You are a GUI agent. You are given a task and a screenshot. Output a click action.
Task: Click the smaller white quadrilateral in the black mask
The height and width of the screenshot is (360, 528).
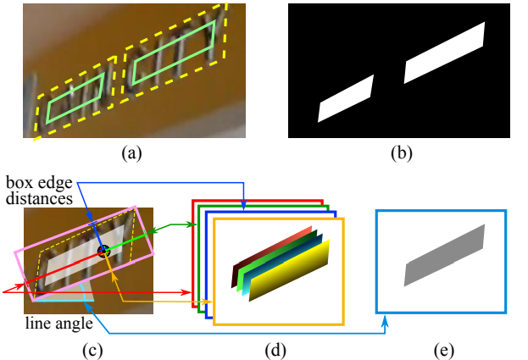[345, 99]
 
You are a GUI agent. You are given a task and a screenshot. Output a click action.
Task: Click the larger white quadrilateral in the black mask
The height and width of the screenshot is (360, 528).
[443, 53]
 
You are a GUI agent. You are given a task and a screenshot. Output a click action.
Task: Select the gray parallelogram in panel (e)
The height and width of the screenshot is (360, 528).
[444, 255]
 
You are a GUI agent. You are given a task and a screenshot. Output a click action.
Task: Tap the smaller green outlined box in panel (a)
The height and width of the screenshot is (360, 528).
[75, 97]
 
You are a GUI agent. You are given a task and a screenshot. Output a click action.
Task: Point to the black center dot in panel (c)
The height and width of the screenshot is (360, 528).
[104, 251]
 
